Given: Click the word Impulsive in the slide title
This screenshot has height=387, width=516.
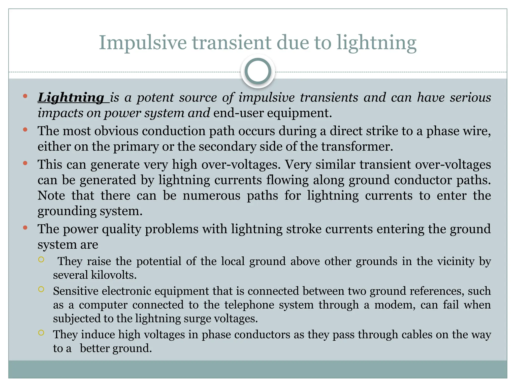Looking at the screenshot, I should [143, 43].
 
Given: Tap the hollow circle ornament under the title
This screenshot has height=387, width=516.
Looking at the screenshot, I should [258, 71].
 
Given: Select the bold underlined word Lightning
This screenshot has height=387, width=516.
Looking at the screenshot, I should [71, 98].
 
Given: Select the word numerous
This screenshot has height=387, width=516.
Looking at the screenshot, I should [211, 196].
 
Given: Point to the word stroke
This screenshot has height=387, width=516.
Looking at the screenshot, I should [304, 229].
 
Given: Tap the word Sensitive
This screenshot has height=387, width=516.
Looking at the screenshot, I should [76, 291].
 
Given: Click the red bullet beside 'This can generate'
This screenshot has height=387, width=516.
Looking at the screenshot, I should [25, 163].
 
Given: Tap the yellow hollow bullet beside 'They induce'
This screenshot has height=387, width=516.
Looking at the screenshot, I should [41, 333].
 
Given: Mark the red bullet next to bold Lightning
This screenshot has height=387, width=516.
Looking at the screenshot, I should [25, 96].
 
